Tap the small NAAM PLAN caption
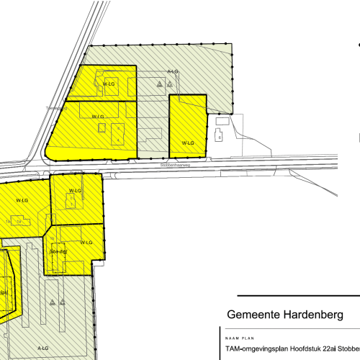237,337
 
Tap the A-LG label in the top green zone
173,72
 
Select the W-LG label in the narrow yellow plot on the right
188,143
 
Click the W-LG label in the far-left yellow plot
20,199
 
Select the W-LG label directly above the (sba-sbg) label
86,243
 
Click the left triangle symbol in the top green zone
159,84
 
